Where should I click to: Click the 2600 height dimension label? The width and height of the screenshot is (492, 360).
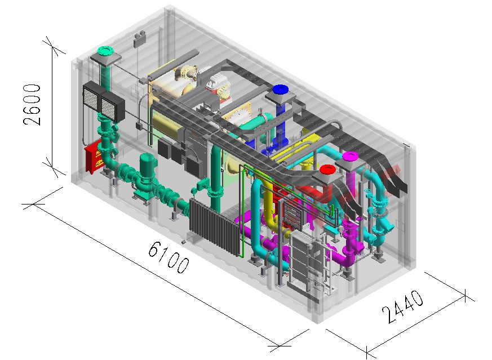32,104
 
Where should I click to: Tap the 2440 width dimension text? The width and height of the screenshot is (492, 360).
402,306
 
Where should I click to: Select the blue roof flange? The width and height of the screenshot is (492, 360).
281,90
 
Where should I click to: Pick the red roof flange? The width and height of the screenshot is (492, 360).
328,170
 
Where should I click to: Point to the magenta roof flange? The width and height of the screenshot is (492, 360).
351,156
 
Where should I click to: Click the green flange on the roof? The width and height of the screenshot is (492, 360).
105,50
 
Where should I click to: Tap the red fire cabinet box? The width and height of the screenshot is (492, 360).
94,157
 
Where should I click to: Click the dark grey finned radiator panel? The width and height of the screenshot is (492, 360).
215,226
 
